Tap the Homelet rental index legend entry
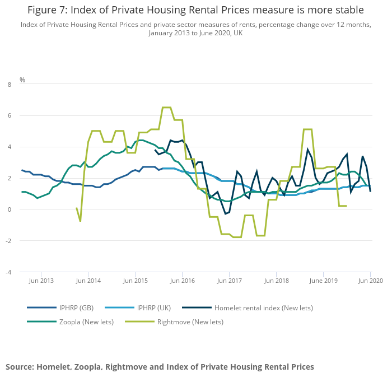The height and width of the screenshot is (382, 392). (x=264, y=308)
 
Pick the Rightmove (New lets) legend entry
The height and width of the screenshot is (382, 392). (x=190, y=322)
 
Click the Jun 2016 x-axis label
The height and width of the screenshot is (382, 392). (x=182, y=281)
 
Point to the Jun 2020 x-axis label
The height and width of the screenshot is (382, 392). (x=370, y=281)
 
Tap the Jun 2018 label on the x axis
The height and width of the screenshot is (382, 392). (x=276, y=281)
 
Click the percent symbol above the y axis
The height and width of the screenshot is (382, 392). (x=22, y=80)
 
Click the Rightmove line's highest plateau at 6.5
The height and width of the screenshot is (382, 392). (x=166, y=108)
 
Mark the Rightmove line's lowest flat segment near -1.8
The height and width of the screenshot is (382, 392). (x=237, y=237)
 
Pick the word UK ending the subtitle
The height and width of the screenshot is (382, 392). (x=237, y=33)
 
